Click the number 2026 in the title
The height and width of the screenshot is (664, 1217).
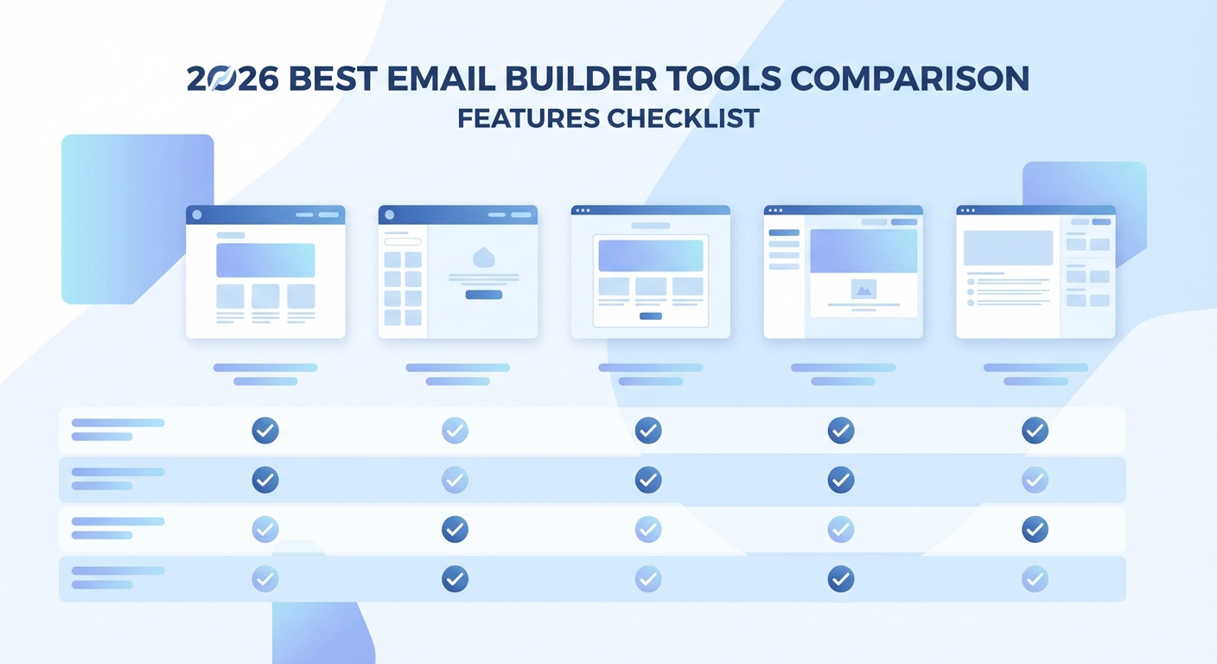[x=232, y=80]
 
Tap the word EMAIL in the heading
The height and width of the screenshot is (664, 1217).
[x=438, y=80]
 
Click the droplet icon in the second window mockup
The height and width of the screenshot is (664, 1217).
[x=483, y=257]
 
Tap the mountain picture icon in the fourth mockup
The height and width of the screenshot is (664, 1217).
[x=863, y=290]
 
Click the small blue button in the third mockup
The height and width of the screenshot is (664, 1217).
[x=651, y=316]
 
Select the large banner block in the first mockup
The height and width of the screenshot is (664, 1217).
[x=265, y=260]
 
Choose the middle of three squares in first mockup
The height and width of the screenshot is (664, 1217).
[x=265, y=297]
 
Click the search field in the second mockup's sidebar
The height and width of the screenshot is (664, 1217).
[x=403, y=242]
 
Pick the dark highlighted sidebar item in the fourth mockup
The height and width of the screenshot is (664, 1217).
[x=784, y=233]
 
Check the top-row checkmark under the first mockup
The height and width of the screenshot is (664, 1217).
[x=265, y=430]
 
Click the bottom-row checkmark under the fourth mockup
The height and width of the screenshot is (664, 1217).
[x=841, y=578]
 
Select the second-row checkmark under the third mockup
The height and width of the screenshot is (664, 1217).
[x=648, y=479]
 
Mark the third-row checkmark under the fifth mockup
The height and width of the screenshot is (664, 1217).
[x=1035, y=529]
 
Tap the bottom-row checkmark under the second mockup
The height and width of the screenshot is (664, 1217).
[x=455, y=578]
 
